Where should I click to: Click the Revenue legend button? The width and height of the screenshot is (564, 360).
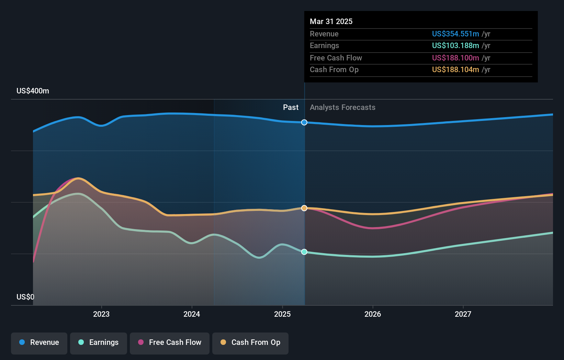coord(39,342)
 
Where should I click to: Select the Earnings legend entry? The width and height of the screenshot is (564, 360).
coord(99,342)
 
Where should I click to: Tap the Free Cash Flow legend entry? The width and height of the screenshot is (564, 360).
coord(170,342)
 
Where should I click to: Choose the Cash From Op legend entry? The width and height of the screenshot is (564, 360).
coord(250,342)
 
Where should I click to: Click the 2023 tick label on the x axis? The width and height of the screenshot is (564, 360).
coord(101,314)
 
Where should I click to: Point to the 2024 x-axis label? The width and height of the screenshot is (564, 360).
coord(192,314)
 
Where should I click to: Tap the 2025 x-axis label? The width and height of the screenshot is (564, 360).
coord(282,314)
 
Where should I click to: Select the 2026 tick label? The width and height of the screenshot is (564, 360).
coord(373,314)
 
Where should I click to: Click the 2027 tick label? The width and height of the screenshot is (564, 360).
coord(463,314)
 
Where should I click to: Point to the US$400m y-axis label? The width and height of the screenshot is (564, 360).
coord(33,91)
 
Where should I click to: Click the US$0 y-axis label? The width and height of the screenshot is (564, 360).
coord(25,297)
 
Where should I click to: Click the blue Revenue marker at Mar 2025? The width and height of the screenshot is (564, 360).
coord(304,122)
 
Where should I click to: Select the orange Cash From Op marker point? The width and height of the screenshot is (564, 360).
coord(304,208)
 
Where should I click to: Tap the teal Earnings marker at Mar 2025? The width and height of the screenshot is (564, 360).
coord(304,252)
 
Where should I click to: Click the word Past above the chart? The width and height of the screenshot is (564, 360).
coord(291,108)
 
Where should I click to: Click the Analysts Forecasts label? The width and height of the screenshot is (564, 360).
coord(342,108)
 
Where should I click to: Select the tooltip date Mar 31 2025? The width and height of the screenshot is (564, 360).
coord(331,21)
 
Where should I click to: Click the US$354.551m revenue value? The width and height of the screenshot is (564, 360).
coord(455,34)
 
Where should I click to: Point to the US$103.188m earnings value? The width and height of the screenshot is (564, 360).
coord(455,46)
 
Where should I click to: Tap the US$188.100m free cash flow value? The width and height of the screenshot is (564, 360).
coord(455,58)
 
